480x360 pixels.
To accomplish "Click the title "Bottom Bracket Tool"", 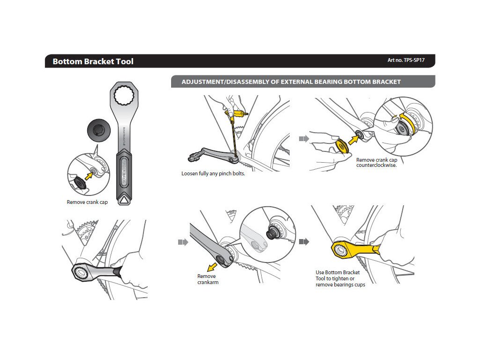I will point(93,61).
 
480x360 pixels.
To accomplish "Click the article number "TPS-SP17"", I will point(406,60).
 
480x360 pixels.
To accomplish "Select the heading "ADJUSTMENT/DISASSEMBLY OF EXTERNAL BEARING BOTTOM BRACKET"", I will point(291,82).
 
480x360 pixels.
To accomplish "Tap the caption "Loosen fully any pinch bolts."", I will point(213,174).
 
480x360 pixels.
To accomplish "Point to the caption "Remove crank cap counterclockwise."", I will point(376,163).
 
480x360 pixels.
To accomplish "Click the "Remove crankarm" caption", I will point(208,279).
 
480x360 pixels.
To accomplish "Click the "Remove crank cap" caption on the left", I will point(87,202).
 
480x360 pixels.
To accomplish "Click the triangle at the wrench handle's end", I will point(124,200).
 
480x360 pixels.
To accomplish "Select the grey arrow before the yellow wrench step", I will point(304,242).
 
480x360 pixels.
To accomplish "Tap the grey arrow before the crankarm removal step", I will point(182,242).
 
